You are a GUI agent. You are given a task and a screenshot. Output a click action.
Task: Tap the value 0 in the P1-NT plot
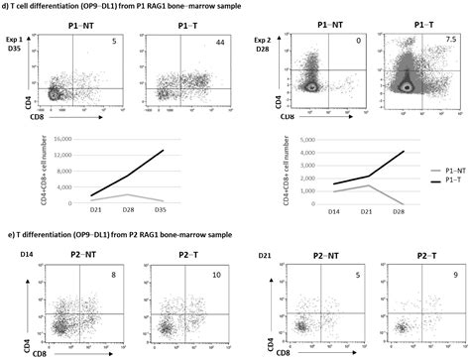tap(355, 43)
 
